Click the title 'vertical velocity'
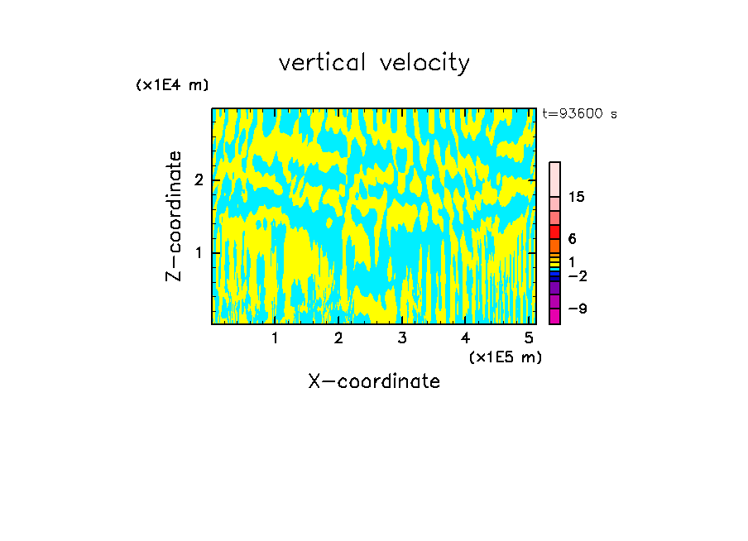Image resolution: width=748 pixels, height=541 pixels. (x=374, y=63)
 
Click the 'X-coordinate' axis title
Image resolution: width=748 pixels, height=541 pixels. (x=374, y=381)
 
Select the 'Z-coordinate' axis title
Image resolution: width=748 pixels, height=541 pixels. (x=174, y=216)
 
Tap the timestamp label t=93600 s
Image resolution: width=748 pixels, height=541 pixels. (x=580, y=114)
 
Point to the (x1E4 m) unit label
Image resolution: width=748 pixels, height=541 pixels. (x=172, y=84)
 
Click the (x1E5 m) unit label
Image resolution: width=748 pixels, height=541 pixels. (x=505, y=357)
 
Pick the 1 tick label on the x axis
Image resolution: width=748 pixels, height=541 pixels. (x=275, y=338)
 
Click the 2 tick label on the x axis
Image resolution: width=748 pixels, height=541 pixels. (x=338, y=338)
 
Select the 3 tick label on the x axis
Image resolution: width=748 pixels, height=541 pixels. (x=401, y=338)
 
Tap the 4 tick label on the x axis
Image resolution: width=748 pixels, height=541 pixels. (x=465, y=338)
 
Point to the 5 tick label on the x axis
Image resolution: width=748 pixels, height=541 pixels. (x=529, y=338)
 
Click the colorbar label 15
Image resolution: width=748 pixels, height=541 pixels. (x=577, y=197)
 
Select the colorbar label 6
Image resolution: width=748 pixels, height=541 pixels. (x=572, y=238)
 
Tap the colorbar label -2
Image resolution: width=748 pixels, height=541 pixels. (x=577, y=275)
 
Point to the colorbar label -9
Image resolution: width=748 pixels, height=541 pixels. (x=577, y=309)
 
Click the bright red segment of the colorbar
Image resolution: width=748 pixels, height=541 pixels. (x=554, y=232)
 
